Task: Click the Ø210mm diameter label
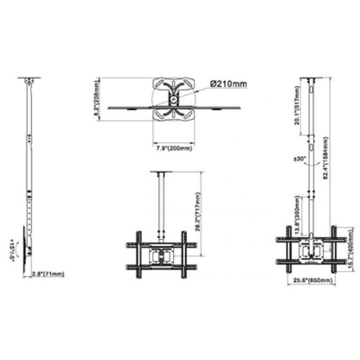click(x=228, y=84)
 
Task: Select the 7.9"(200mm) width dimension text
click(x=173, y=148)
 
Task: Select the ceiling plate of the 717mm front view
click(x=161, y=172)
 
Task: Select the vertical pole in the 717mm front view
click(x=161, y=202)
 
